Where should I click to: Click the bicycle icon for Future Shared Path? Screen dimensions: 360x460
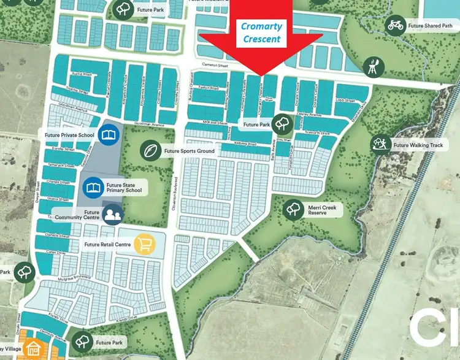395,25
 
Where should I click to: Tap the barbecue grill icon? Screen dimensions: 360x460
372,66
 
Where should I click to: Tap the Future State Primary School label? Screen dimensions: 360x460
124,186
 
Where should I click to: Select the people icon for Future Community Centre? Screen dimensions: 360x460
112,215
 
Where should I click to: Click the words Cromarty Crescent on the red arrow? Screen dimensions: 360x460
262,33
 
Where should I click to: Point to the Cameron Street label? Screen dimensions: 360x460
215,66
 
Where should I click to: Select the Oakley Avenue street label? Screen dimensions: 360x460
312,114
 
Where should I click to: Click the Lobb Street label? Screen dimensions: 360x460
345,100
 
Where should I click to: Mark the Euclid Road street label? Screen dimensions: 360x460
82,75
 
